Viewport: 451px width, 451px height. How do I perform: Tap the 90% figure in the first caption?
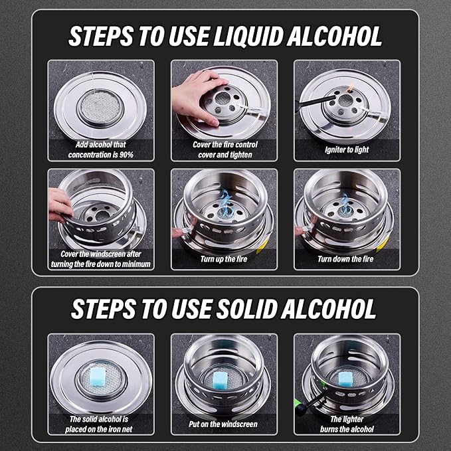point(126,155)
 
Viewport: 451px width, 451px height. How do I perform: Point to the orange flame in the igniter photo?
point(351,86)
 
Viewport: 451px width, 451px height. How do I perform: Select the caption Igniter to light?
point(347,149)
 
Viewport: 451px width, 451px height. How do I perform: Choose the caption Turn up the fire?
point(224,259)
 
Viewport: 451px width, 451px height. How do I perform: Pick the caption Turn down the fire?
point(345,259)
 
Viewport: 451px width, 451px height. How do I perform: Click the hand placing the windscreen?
point(60,205)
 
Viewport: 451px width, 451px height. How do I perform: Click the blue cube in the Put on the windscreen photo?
point(221,380)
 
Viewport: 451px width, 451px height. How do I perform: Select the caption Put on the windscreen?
point(223,424)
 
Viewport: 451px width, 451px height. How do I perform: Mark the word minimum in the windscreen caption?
point(137,264)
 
